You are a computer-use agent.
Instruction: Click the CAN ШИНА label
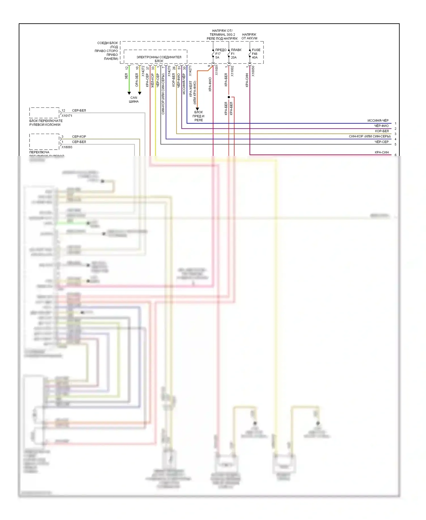tap(133, 100)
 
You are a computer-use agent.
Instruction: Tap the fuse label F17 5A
tap(218, 54)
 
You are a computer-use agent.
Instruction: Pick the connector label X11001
tap(216, 70)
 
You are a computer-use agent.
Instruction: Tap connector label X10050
tap(253, 71)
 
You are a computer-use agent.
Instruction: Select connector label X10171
tap(67, 116)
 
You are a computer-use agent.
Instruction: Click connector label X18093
tap(67, 147)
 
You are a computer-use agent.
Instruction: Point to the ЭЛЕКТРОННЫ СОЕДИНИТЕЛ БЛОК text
tap(159, 59)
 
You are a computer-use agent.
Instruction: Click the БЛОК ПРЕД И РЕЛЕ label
tap(199, 116)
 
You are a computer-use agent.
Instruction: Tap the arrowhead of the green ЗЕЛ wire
tap(129, 93)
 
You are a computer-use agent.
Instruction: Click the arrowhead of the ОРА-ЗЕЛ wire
tap(139, 93)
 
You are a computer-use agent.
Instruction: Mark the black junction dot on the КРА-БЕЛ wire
tap(229, 97)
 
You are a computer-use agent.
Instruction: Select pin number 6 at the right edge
tap(395, 155)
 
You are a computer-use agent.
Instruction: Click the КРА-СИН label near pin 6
tap(381, 152)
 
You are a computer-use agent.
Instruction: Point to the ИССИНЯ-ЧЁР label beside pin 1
tap(378, 121)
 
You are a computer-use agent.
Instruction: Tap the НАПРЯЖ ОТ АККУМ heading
tap(249, 36)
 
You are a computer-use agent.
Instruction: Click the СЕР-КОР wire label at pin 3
tap(79, 137)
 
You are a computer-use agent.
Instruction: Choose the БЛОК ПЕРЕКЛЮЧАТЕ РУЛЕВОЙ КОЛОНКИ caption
tap(46, 123)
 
